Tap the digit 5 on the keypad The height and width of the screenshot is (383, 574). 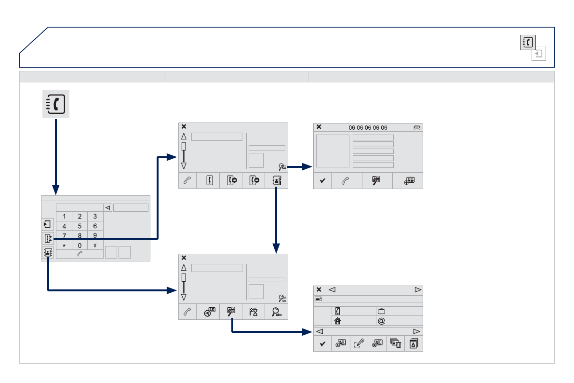pos(80,226)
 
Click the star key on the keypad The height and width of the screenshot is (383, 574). pos(64,246)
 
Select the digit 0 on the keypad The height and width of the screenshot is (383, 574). pos(80,246)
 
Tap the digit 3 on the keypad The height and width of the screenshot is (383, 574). pos(95,216)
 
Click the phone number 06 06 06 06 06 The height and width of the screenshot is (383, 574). pos(368,128)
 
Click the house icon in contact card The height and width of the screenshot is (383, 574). pos(338,321)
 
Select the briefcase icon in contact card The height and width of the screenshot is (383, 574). pos(382,312)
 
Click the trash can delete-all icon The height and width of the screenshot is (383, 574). pos(395,343)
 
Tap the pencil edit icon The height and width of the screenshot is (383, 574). pos(359,343)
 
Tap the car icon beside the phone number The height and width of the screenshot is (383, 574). pos(417,127)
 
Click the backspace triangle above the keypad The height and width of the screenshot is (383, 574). pos(108,208)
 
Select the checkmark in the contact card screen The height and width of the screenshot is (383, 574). pos(322,343)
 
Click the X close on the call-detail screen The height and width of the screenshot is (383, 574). pos(319,127)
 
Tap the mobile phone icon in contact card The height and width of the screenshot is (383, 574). pos(338,312)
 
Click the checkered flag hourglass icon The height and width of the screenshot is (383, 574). pos(254,312)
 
